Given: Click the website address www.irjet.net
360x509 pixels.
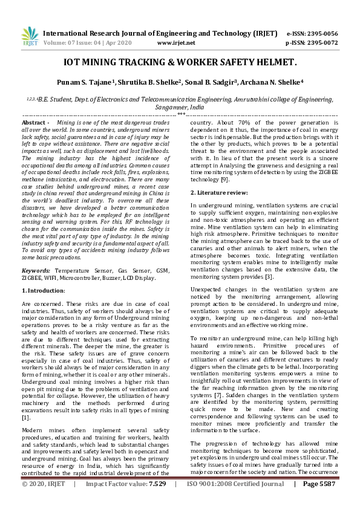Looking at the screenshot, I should click(x=176, y=43).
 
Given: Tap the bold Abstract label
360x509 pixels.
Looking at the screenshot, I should click(x=35, y=123).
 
